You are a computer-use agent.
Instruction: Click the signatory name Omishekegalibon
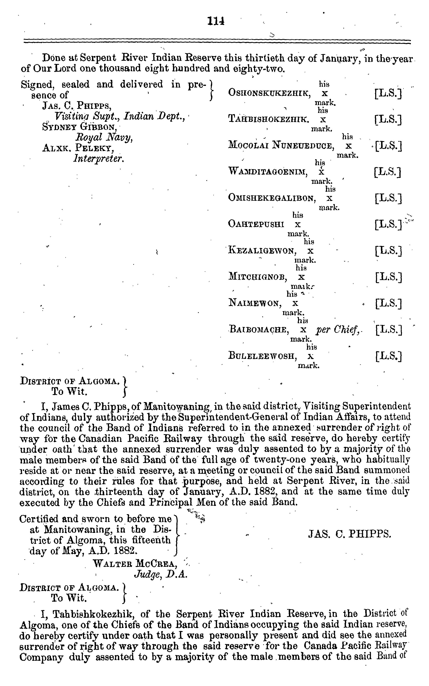point(272,198)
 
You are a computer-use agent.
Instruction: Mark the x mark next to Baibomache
point(303,330)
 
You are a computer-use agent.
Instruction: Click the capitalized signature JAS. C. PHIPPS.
point(350,535)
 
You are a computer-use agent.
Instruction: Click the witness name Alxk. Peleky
point(78,148)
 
